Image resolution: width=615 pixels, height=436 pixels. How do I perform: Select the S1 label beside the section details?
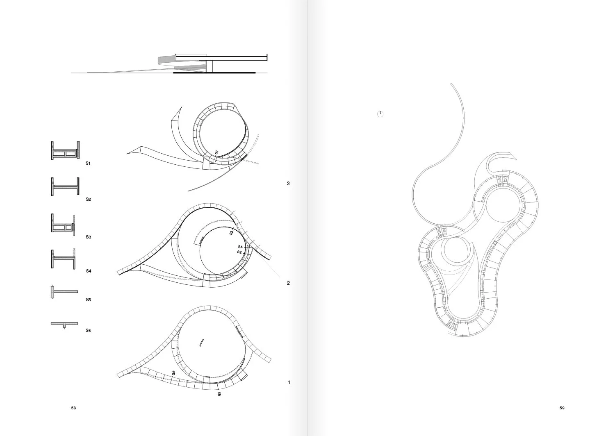point(88,163)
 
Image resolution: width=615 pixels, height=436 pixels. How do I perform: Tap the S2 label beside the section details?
point(88,199)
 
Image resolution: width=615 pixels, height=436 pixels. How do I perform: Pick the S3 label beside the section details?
point(89,237)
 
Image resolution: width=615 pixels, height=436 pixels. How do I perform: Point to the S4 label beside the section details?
point(89,271)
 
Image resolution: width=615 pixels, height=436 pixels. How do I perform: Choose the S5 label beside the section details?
point(88,300)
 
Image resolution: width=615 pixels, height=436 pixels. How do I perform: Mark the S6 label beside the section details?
point(88,330)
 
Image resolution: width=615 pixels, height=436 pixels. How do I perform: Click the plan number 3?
point(288,183)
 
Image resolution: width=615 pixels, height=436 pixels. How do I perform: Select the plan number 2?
point(288,283)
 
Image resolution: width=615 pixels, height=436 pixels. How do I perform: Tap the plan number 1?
point(289,382)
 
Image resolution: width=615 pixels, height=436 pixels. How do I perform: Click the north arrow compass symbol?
point(380,114)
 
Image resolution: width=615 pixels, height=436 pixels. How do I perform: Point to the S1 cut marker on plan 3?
point(216,152)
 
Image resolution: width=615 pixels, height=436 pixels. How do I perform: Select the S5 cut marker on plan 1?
point(219,394)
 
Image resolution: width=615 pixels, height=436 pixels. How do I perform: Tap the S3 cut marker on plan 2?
point(231,233)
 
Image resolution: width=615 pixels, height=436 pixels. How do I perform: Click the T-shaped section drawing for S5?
point(64,292)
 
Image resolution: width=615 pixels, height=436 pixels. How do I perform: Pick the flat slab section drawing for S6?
point(64,324)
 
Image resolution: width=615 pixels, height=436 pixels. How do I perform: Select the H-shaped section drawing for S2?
point(65,186)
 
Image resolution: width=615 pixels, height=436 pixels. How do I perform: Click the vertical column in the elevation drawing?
point(210,66)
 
